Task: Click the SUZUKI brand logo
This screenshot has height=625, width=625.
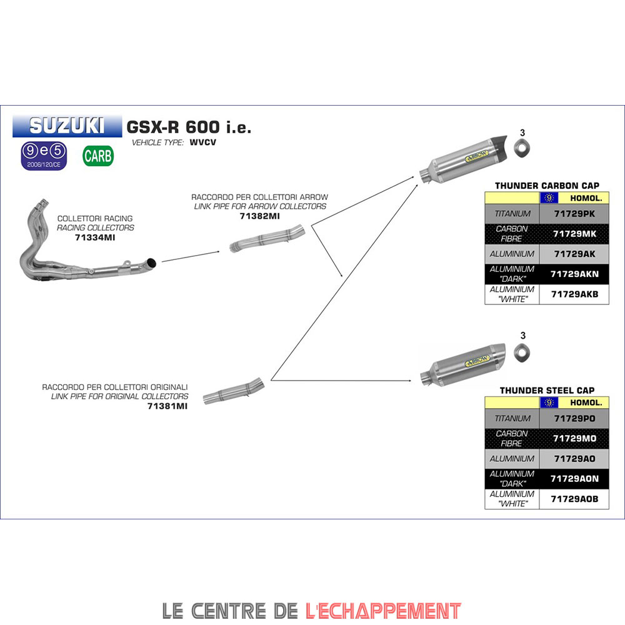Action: click(67, 126)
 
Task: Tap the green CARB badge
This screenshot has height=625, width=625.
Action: click(98, 156)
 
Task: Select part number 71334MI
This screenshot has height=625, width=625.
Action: click(95, 237)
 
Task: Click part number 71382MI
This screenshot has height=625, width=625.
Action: click(259, 216)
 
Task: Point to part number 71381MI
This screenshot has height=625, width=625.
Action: click(167, 406)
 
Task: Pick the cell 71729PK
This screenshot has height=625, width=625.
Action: click(574, 214)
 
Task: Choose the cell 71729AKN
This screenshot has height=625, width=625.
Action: click(574, 274)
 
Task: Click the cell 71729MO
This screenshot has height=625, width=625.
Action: click(574, 438)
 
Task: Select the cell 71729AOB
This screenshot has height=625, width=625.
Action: click(574, 499)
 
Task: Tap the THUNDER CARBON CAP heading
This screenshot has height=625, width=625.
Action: click(547, 186)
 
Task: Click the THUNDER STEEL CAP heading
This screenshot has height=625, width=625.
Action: click(547, 391)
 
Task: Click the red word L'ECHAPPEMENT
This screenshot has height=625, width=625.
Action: click(383, 610)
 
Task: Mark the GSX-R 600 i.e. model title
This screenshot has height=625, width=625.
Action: click(189, 127)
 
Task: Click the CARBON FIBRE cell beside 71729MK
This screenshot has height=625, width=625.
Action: click(512, 234)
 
